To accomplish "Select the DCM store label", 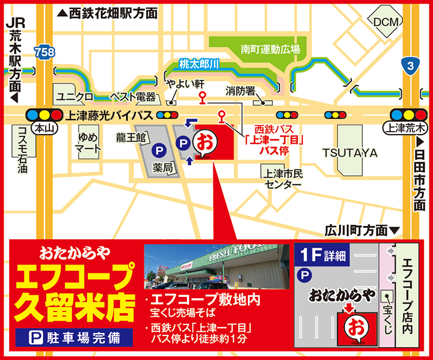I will [x=385, y=22].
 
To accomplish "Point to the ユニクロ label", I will [x=74, y=96].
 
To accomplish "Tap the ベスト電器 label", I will [x=134, y=97].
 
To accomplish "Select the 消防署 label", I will [x=241, y=91].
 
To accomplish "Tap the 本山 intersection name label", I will [x=41, y=127].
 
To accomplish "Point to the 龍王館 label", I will [x=132, y=138].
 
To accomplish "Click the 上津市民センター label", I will [x=282, y=178].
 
